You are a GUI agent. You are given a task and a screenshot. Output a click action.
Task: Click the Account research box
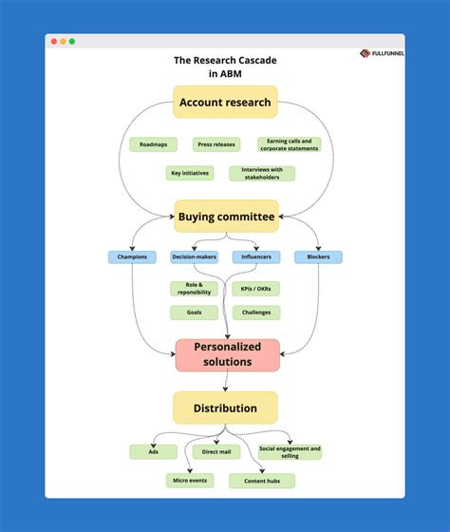point(225,103)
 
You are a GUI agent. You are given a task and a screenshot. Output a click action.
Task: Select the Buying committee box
point(226,217)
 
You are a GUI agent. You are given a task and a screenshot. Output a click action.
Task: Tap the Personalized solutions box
point(226,355)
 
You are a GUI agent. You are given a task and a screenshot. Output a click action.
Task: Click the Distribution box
point(225,408)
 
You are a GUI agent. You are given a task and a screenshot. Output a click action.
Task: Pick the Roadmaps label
point(152,144)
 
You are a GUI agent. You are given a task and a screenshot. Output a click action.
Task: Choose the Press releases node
point(216,144)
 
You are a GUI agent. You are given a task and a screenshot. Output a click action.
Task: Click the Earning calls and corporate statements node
point(289,144)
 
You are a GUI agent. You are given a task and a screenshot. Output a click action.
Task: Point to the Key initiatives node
point(190,174)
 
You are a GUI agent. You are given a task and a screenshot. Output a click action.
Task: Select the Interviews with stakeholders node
point(261,174)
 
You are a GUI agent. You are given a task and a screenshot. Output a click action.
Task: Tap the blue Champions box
point(131,256)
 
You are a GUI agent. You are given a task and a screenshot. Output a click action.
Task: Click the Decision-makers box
point(194,256)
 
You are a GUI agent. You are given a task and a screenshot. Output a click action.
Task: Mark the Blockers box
point(318,256)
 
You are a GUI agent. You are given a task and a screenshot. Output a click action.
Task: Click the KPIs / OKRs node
point(255,288)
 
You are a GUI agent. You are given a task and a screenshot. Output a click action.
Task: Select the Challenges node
point(255,313)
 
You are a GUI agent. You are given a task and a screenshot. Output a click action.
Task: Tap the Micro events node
point(189,481)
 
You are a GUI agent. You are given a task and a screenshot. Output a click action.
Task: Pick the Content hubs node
point(261,481)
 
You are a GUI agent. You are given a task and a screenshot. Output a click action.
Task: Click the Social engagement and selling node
point(289,451)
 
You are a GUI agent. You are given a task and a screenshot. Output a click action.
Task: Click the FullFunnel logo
point(382,53)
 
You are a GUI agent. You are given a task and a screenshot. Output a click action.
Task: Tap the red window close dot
point(53,42)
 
